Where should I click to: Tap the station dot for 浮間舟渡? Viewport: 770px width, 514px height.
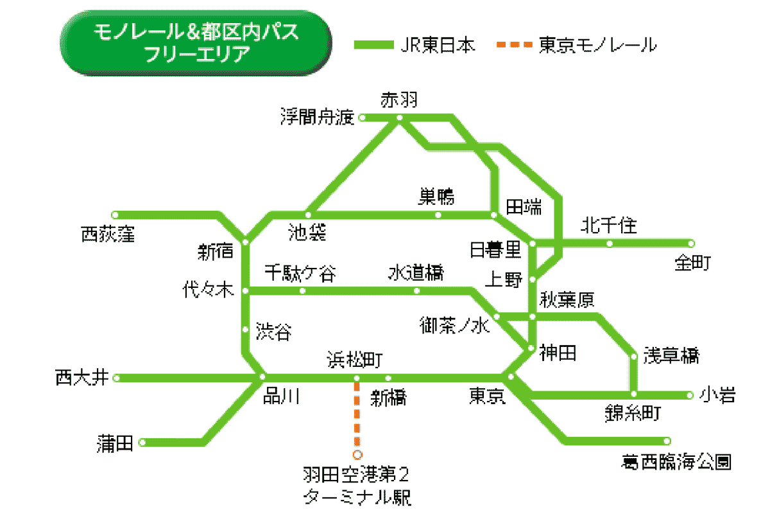pos(362,118)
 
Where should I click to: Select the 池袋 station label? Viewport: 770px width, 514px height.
pos(307,232)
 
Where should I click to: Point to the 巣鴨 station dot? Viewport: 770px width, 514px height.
pos(438,215)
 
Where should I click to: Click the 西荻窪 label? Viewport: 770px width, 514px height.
pos(108,235)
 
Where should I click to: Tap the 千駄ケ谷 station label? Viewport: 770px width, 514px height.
pos(300,274)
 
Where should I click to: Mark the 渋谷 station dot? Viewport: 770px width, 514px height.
pos(245,330)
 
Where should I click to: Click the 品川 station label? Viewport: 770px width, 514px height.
pos(281,396)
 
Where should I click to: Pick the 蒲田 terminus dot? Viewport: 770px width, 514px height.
pos(142,442)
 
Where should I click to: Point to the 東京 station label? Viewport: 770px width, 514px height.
pos(487,396)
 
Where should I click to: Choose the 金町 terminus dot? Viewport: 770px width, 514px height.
pos(691,244)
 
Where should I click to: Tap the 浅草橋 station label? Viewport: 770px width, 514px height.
pos(671,355)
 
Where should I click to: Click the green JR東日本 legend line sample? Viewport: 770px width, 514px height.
pos(372,45)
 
